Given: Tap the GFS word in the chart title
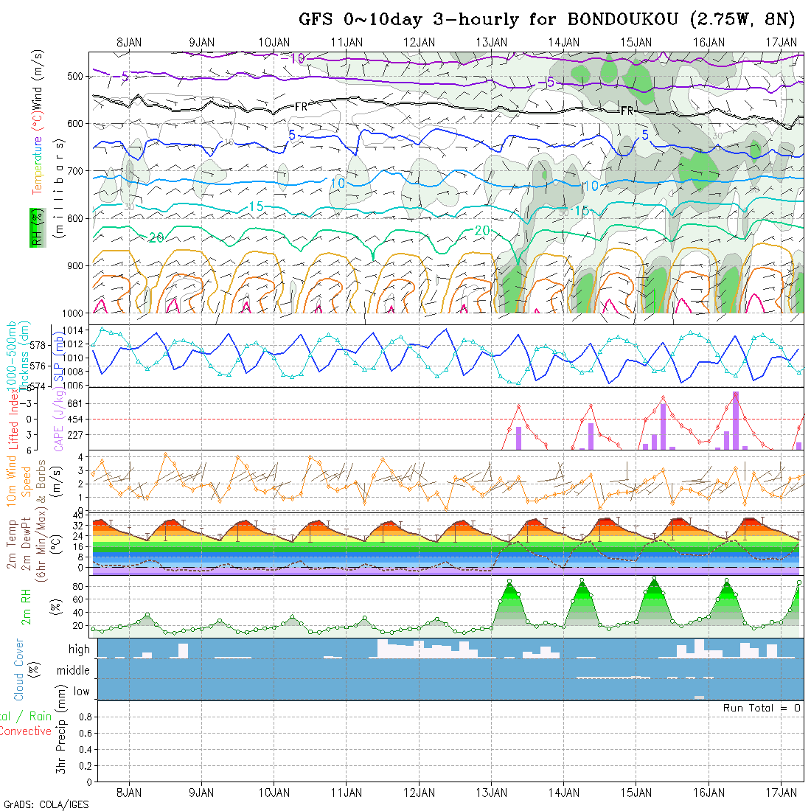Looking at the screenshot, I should (317, 19).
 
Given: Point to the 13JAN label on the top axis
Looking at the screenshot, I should (492, 42).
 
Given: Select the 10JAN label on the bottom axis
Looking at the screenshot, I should (274, 793).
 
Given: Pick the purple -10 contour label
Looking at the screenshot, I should (296, 58).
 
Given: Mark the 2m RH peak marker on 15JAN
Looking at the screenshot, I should (654, 578).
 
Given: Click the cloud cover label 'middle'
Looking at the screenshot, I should (73, 671).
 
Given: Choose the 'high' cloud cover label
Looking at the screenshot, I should (79, 650).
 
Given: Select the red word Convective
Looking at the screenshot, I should (25, 731).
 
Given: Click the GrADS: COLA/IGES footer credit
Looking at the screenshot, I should (46, 804).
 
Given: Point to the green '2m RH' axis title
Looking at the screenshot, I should (26, 606).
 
